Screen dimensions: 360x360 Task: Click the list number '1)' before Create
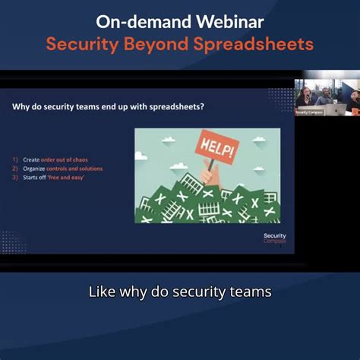pos(15,159)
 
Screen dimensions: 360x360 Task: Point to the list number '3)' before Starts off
pos(15,177)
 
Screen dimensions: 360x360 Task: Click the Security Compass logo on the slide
pos(274,238)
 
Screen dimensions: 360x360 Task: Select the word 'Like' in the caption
pos(101,292)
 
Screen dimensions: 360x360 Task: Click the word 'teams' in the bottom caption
pos(248,292)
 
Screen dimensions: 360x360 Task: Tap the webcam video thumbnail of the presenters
pos(327,97)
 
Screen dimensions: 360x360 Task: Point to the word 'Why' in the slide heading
pos(21,107)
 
